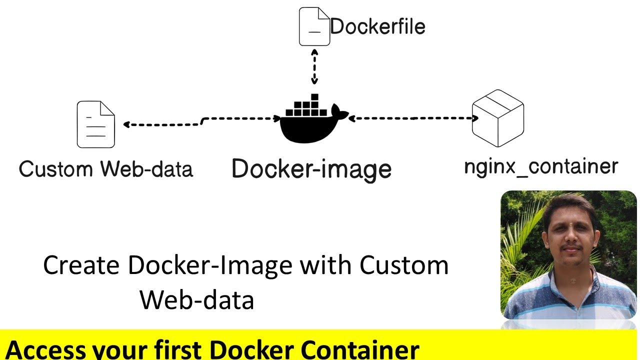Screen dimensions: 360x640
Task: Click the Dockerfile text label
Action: point(377,26)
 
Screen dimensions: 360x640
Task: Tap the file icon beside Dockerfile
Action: point(314,26)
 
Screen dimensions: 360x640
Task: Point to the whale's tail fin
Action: point(340,113)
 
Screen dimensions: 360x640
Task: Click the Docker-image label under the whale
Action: point(311,169)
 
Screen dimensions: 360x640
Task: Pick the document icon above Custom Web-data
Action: point(95,124)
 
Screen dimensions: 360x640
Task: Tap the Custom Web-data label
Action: point(105,169)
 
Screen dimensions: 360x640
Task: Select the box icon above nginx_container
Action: point(497,118)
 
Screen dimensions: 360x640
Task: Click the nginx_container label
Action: point(541,166)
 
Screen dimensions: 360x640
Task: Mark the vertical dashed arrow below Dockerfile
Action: point(314,67)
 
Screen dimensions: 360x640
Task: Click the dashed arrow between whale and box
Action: point(413,118)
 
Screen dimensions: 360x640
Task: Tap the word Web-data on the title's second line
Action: point(196,300)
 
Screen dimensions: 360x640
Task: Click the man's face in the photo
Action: point(570,235)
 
